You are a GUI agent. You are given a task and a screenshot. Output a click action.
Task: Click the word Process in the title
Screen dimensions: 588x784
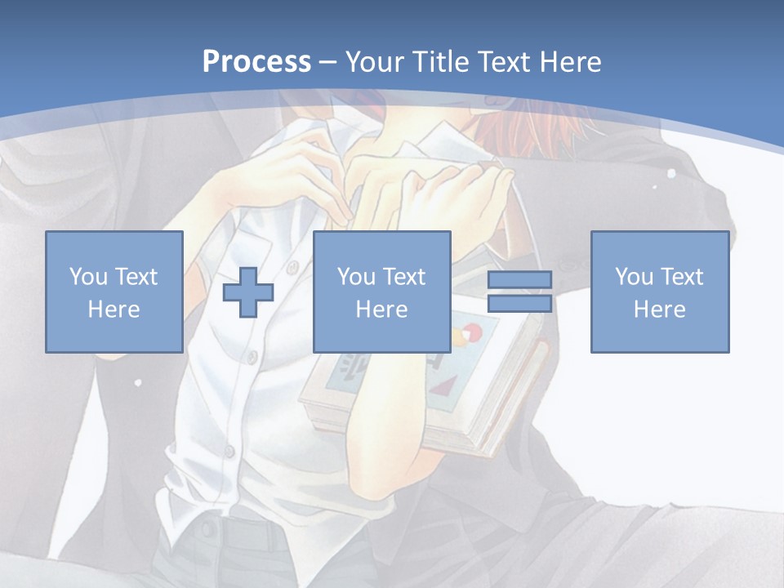[x=256, y=61]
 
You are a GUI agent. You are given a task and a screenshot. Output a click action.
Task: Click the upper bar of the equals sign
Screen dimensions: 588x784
[x=519, y=280]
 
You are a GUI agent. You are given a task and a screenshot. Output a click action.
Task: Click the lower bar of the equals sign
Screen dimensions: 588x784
[x=519, y=303]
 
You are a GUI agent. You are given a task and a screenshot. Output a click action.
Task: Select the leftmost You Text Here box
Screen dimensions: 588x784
[x=114, y=292]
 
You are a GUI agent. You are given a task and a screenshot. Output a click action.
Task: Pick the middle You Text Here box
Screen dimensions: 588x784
[x=382, y=292]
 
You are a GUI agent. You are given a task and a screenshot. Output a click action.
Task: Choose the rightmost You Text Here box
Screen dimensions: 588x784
[x=660, y=292]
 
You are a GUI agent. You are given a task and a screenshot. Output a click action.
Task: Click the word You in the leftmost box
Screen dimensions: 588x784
[x=88, y=276]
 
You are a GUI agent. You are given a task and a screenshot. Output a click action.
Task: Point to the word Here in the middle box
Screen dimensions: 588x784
[x=382, y=310]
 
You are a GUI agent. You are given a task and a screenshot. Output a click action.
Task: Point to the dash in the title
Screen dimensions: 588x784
[x=327, y=62]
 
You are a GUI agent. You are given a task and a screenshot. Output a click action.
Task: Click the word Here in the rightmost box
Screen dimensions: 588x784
[x=660, y=310]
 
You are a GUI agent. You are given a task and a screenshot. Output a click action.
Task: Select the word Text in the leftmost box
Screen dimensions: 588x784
[x=136, y=276]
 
